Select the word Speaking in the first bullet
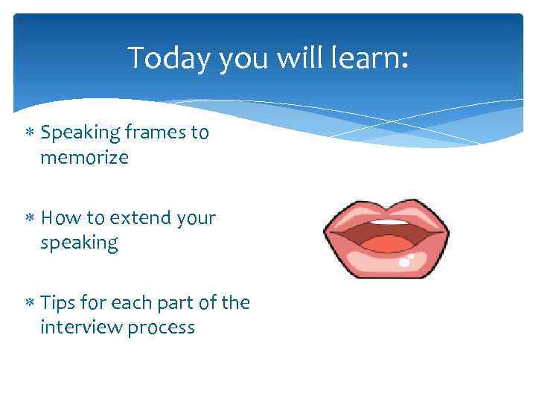coord(80,133)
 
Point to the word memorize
coord(84,158)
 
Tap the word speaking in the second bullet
coord(79,243)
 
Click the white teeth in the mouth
coord(389,222)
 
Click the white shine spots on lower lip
coord(406,261)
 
